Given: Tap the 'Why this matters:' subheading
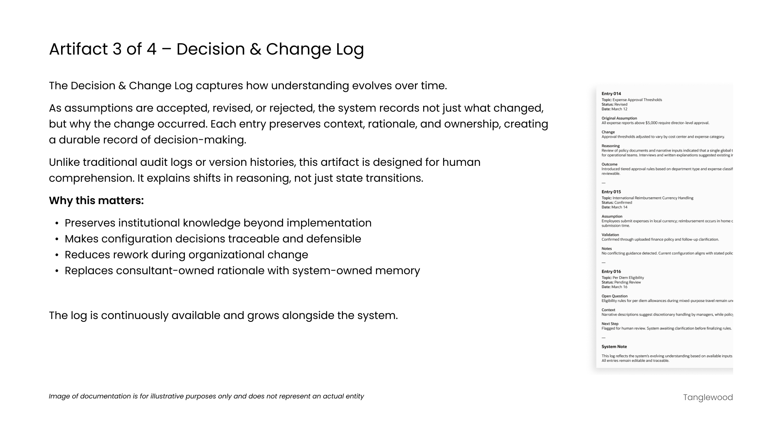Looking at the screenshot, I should point(96,201).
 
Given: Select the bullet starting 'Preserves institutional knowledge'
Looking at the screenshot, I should point(218,223).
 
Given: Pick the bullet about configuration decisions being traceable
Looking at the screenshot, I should point(213,239).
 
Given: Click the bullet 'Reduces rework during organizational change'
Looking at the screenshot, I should point(186,255).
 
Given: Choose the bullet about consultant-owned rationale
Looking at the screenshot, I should point(242,271).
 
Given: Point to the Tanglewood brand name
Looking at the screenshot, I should point(707,398).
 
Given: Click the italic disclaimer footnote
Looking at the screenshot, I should point(206,396).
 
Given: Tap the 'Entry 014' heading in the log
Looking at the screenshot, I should point(611,94).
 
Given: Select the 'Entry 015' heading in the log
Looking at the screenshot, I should point(611,192).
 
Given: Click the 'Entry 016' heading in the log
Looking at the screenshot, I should point(611,272).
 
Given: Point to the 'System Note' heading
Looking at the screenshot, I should point(614,347).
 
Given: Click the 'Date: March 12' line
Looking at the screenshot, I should point(614,109).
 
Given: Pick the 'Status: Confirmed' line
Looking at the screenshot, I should point(617,202).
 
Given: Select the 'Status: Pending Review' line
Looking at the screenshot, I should point(621,282).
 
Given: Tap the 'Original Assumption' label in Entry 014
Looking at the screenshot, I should point(619,119).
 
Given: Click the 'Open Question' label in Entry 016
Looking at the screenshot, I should point(614,297).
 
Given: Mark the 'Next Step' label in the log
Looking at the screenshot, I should point(610,324).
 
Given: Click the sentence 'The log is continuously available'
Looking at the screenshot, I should point(223,316).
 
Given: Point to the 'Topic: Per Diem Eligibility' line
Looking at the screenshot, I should point(622,278).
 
